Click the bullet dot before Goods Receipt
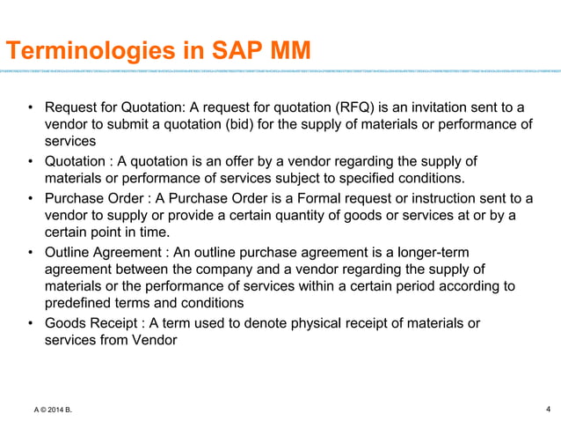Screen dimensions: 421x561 coord(30,323)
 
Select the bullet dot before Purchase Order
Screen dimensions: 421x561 coord(30,198)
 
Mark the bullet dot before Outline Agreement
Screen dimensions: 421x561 coord(30,253)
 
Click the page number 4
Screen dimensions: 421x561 coord(548,408)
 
